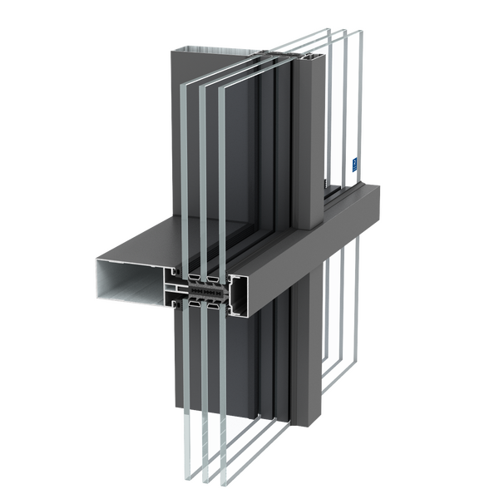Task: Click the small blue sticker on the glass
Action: [353, 164]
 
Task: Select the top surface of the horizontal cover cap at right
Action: [333, 195]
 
